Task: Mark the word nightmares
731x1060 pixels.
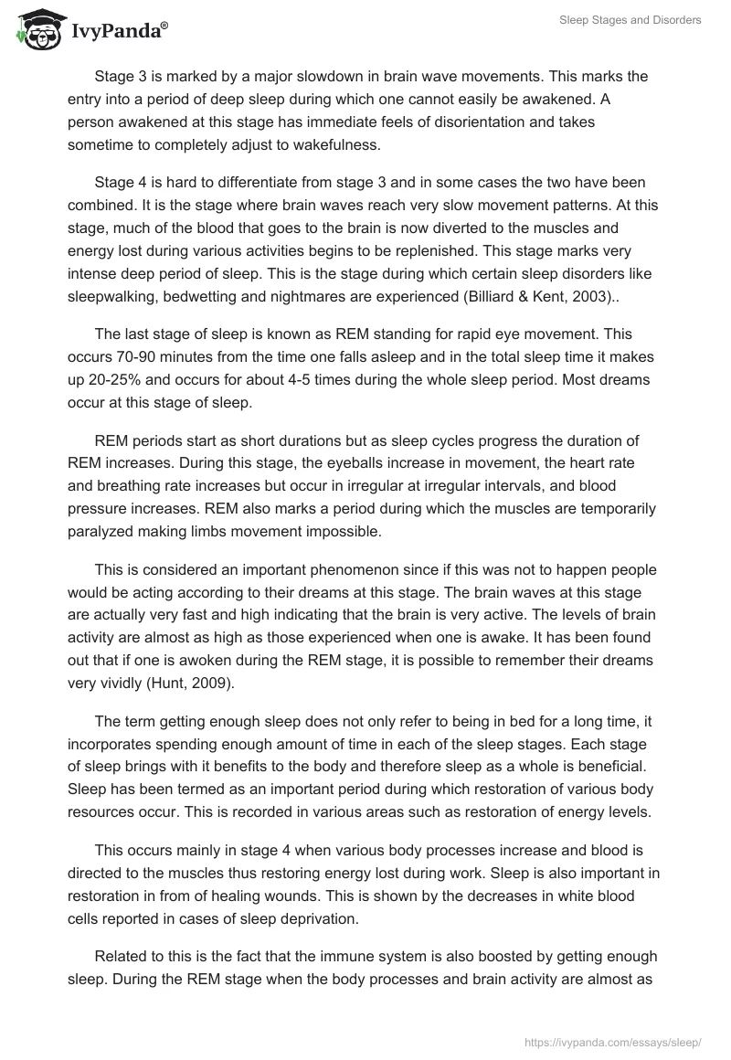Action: point(316,296)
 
